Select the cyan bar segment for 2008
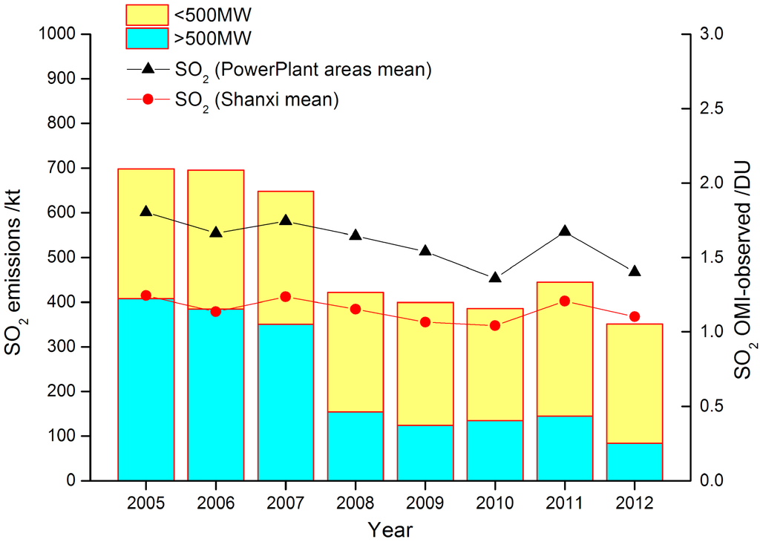tap(356, 445)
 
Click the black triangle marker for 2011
tap(565, 231)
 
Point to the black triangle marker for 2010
tap(495, 278)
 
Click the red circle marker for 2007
tap(286, 297)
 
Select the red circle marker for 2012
tap(635, 316)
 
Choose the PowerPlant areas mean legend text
tap(304, 71)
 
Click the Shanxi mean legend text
tap(257, 100)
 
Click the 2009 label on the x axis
tap(425, 502)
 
